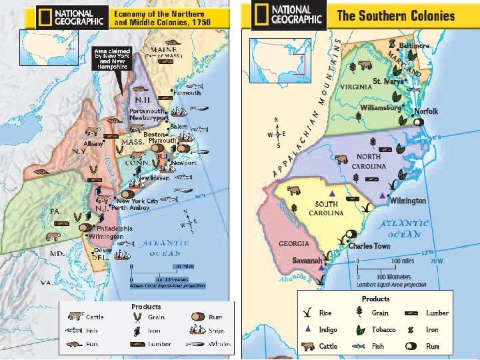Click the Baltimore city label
(x=415, y=45)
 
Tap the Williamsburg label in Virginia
(x=381, y=107)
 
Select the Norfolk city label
(x=426, y=111)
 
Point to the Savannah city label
(x=307, y=259)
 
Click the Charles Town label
(x=369, y=246)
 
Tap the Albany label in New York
(x=92, y=144)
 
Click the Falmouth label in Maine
(x=187, y=93)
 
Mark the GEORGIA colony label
(x=293, y=244)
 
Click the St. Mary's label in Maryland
(x=388, y=81)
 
